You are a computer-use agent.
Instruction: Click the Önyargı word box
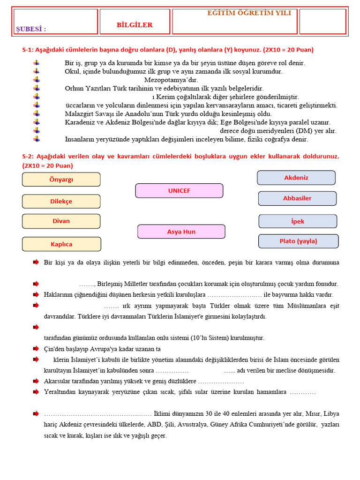tap(61, 180)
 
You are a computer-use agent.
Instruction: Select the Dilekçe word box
tap(61, 202)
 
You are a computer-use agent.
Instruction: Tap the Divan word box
tap(61, 221)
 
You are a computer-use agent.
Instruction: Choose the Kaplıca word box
tap(61, 244)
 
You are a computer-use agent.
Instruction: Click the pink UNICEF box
tap(179, 191)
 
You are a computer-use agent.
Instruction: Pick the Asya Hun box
tap(181, 232)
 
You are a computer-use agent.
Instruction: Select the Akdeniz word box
tap(296, 178)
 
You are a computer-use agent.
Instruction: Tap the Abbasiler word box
tap(297, 198)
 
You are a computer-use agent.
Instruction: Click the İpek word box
tap(298, 221)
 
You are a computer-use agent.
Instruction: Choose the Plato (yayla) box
tap(298, 241)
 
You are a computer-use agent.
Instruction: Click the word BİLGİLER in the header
tap(135, 25)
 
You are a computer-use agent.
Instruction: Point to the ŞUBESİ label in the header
tap(31, 29)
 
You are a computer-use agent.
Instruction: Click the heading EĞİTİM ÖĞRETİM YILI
tap(249, 13)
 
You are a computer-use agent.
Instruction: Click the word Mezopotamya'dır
tap(171, 80)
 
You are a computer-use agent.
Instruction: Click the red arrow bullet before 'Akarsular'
tap(36, 381)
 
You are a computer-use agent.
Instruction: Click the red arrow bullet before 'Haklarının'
tap(36, 294)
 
